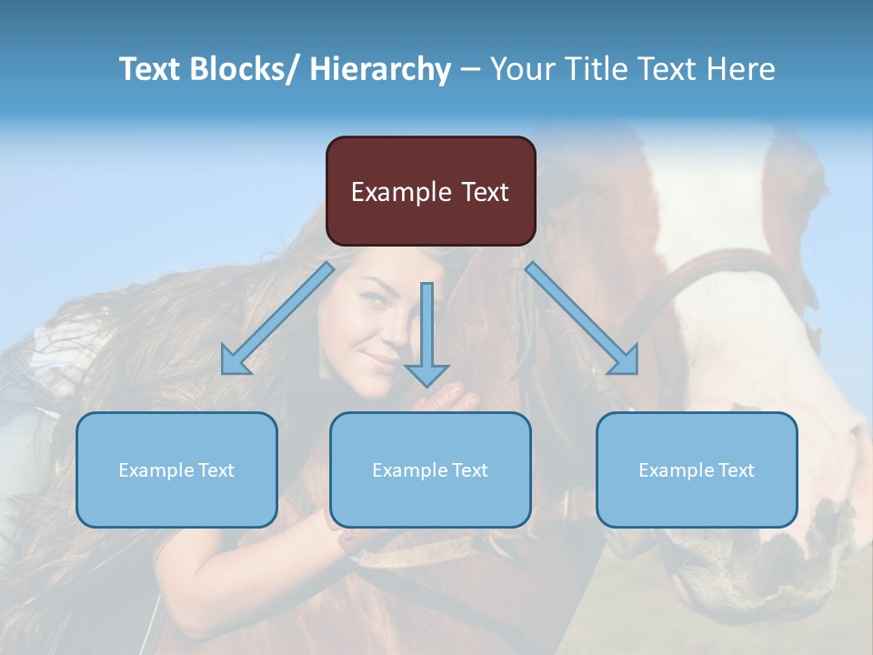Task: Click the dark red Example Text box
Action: tap(430, 191)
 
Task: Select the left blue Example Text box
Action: tap(176, 469)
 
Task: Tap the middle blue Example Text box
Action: tap(430, 469)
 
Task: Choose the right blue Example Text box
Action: tap(697, 469)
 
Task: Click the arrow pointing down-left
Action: tap(277, 318)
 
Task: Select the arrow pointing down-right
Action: tap(582, 318)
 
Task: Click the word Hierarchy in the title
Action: tap(380, 69)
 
